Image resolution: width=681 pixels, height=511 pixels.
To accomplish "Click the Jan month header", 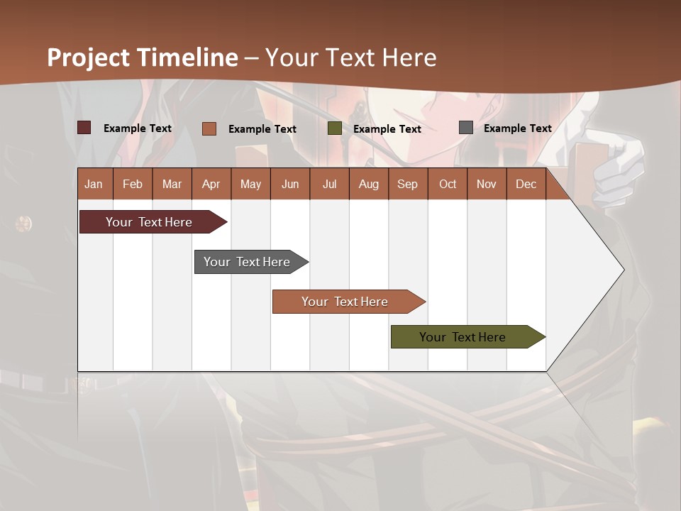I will point(94,184).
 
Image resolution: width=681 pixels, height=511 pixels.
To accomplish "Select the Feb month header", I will point(133,184).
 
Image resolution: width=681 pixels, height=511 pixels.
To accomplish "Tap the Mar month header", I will point(172,184).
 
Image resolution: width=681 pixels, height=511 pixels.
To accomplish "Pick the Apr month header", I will point(211,184).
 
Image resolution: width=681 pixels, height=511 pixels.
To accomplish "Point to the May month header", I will point(250,184).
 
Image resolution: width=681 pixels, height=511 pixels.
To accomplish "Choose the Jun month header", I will point(290,184).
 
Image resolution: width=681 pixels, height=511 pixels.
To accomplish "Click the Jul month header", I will point(329,184).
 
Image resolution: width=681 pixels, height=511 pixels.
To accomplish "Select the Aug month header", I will point(368,184).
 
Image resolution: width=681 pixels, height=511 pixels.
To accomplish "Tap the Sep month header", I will point(407,184).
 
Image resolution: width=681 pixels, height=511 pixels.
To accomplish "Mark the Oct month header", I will point(448,184).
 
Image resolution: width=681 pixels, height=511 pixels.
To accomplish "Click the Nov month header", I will point(487,184).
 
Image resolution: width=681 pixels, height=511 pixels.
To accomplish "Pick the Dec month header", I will point(526,184).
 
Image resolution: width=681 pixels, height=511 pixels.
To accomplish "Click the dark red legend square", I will point(84,128).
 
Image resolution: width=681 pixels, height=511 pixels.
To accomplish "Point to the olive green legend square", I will point(335,128).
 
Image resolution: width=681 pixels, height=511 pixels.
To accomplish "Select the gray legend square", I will point(466,128).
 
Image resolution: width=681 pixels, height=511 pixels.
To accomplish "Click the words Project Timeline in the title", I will point(143,57).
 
